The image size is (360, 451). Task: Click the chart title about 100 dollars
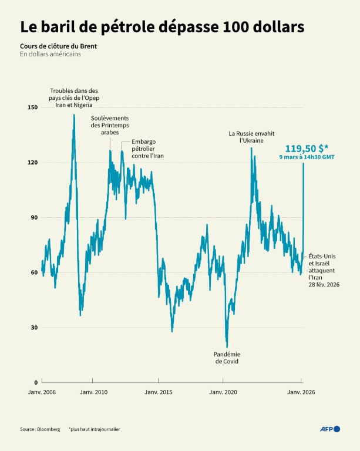point(162,27)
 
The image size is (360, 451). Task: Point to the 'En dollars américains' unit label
point(50,54)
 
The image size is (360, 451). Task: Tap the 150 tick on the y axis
point(32,107)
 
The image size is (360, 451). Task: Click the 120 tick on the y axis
point(32,162)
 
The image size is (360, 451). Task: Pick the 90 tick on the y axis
point(33,217)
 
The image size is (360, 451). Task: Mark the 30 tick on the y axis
point(33,327)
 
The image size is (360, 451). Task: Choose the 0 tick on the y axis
point(35,382)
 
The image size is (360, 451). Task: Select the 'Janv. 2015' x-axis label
point(158,392)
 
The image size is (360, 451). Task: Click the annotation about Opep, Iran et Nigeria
point(74,97)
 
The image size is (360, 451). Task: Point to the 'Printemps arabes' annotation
point(110,126)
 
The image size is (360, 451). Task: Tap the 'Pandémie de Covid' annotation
point(226,358)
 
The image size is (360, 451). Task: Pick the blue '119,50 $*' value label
point(306,149)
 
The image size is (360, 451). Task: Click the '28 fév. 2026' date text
point(325,284)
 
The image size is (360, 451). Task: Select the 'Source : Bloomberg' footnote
point(40,429)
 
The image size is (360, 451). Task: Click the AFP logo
point(329,429)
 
